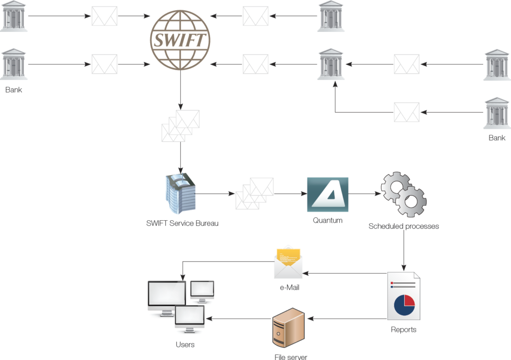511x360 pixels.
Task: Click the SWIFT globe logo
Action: point(180,40)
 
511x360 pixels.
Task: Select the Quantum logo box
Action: point(327,194)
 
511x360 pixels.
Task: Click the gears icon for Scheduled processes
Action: point(404,195)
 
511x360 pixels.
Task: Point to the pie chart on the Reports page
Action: point(405,305)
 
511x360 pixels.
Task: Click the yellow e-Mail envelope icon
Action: point(288,263)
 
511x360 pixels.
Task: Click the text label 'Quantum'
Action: point(327,220)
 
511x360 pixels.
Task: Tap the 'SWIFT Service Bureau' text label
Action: point(182,223)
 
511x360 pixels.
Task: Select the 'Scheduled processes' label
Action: point(404,226)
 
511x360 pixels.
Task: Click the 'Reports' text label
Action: point(404,330)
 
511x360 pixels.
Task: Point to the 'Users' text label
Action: point(185,345)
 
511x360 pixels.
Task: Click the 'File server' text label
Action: point(291,357)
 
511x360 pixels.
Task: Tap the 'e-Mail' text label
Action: point(288,288)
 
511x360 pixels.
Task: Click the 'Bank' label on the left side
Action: point(14,90)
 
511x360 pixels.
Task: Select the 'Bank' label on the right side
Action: point(497,138)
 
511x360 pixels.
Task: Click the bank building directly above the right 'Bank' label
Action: point(497,113)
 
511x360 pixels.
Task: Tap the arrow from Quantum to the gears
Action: point(364,193)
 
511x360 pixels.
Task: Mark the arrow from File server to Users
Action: point(240,319)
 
